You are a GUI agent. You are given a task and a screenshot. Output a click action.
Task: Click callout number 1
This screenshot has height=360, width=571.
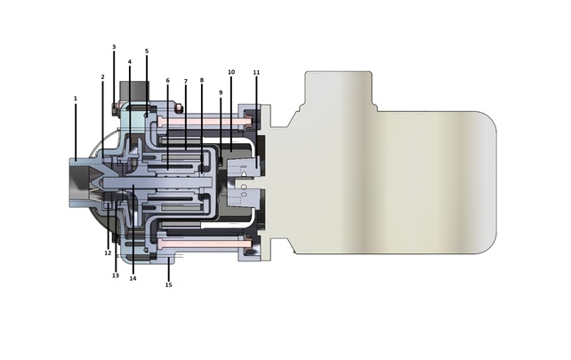point(76,99)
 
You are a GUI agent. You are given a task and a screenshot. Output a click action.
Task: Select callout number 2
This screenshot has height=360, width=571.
point(102,76)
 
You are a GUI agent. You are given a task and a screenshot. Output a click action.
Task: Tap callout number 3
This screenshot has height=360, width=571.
point(114,47)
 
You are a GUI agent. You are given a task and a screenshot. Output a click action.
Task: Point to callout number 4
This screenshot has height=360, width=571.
point(129,62)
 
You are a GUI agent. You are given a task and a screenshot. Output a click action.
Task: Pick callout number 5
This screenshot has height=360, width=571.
point(147,51)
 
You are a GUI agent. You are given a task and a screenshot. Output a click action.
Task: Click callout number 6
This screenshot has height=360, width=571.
point(167,80)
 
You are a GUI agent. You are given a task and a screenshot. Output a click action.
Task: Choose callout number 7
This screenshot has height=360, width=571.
point(185,81)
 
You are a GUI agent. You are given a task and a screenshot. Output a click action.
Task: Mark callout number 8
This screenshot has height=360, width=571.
point(202,80)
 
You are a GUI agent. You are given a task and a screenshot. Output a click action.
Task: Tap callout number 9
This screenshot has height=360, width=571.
point(221,92)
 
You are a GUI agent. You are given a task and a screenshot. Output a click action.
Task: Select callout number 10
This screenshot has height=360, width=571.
point(231,72)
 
